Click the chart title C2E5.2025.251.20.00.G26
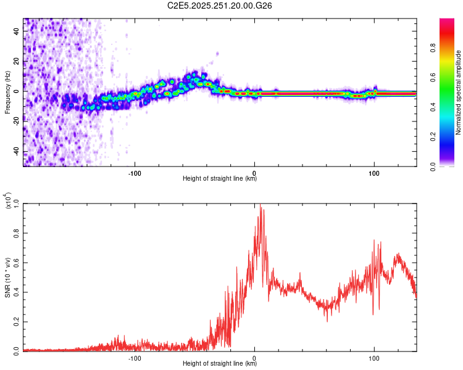tap(220, 6)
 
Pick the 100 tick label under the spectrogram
tap(374, 172)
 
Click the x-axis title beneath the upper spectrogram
tap(220, 179)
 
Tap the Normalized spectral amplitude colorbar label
tap(459, 92)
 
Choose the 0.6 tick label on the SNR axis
tap(17, 263)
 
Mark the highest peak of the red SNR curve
tap(260, 205)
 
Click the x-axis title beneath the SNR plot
tap(220, 363)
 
